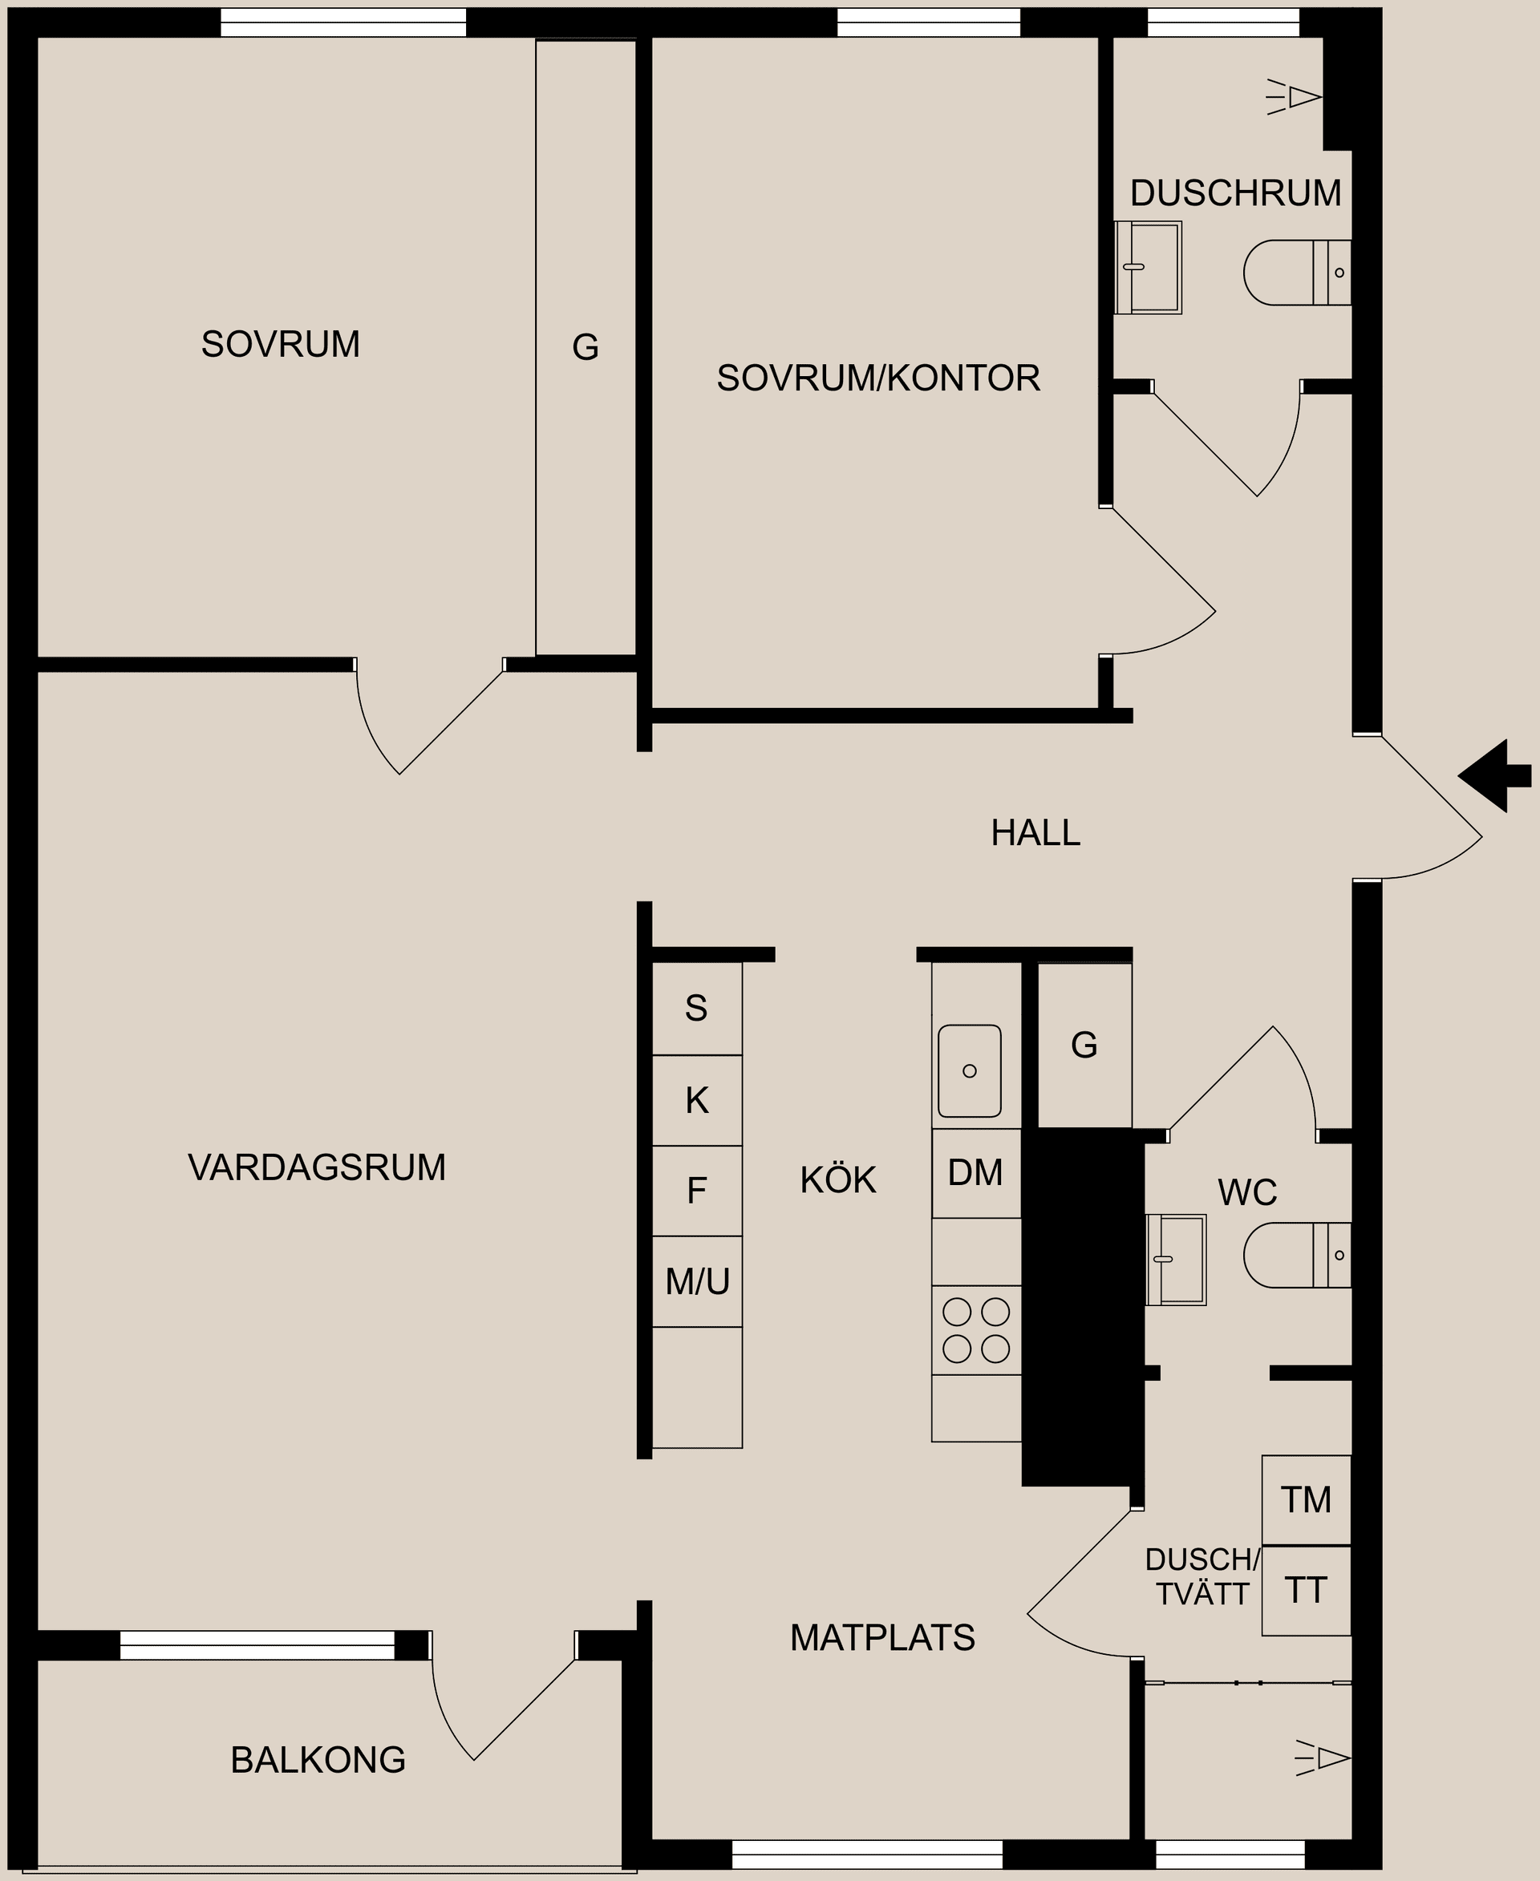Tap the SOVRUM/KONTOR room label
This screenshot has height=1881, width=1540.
877,378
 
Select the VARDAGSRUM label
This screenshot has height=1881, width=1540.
317,1167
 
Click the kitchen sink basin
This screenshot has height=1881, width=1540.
969,1071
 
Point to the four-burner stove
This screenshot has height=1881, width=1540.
976,1330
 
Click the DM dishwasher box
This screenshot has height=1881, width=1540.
976,1173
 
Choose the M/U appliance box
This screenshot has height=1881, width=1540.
697,1281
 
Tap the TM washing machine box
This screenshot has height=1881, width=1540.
1306,1499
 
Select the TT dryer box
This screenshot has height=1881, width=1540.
1306,1591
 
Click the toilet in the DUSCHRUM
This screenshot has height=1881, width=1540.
1295,273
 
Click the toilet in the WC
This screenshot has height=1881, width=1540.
1295,1256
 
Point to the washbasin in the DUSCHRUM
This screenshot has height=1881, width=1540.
1148,267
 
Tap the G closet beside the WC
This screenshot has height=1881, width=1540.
1084,1046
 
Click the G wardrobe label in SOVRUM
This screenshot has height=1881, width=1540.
586,346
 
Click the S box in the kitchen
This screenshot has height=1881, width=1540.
696,1009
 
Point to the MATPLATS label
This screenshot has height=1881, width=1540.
881,1638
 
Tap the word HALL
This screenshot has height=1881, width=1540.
1035,833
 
